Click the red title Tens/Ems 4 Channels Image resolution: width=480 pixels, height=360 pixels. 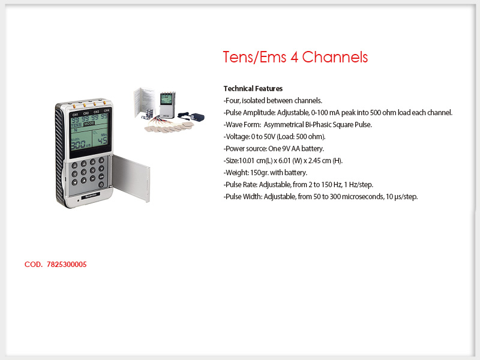pos(295,57)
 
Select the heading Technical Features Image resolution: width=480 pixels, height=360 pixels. pos(253,89)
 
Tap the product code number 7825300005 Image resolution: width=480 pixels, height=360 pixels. pos(67,265)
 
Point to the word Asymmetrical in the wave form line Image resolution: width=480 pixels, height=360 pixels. pos(283,125)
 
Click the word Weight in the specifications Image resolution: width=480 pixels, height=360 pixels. pos(236,173)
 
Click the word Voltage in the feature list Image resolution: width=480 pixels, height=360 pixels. pos(237,137)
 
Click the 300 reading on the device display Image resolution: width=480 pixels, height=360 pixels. pos(78,144)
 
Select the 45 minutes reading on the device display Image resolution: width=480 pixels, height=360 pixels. pos(102,140)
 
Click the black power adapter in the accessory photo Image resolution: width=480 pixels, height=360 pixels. pos(191,116)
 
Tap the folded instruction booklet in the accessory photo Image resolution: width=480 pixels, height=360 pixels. pos(144,102)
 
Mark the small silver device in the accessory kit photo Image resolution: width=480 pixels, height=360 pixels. pos(167,104)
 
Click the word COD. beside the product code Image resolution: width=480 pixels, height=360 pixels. pos(34,265)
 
